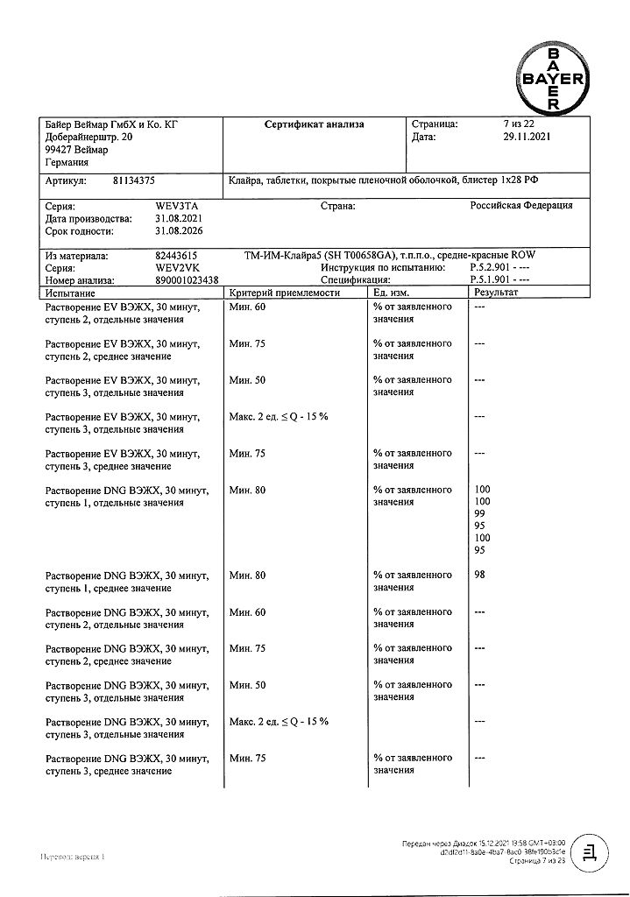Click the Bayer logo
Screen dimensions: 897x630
point(553,79)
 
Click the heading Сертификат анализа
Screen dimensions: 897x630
point(314,124)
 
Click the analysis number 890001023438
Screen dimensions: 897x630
point(187,279)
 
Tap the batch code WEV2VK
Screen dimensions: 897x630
point(173,267)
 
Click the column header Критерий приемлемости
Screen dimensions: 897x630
point(283,292)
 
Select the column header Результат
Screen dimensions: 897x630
point(496,292)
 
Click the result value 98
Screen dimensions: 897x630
point(479,575)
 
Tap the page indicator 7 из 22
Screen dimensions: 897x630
point(522,124)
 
